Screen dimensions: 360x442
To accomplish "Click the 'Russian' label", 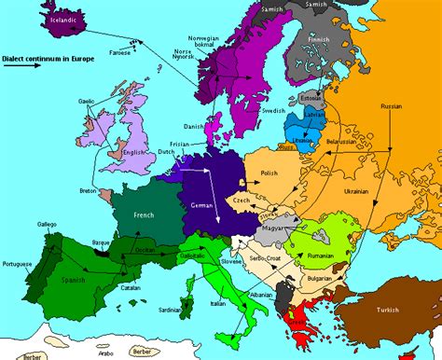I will coord(392,108).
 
